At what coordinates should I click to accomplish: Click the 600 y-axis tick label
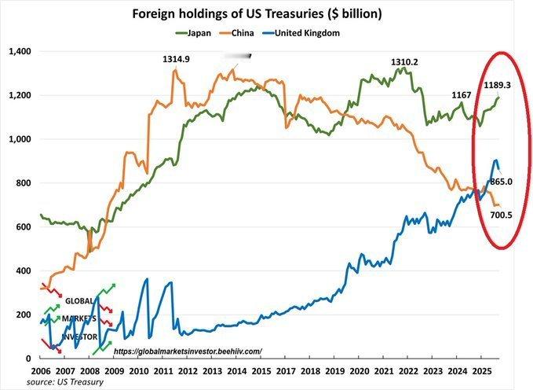(x=22, y=226)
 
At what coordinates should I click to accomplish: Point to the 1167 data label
(x=462, y=95)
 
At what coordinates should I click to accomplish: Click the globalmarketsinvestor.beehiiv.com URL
(x=188, y=351)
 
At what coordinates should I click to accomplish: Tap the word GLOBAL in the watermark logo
(x=80, y=300)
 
